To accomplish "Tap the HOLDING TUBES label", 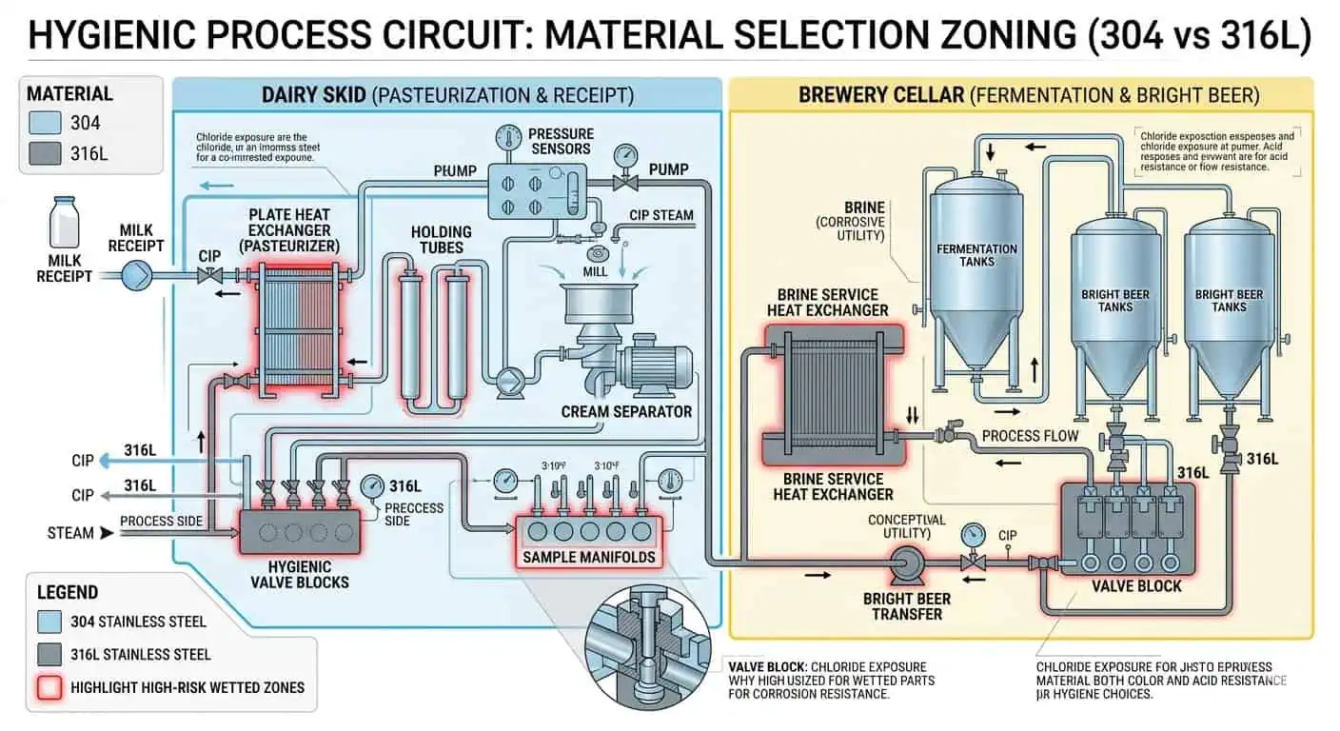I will [441, 240].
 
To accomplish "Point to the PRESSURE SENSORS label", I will [561, 141].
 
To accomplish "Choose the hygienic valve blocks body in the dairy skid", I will [299, 532].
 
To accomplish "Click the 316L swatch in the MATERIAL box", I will [45, 154].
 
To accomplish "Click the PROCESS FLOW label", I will [1029, 435].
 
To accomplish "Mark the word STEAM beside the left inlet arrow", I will [70, 533].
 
